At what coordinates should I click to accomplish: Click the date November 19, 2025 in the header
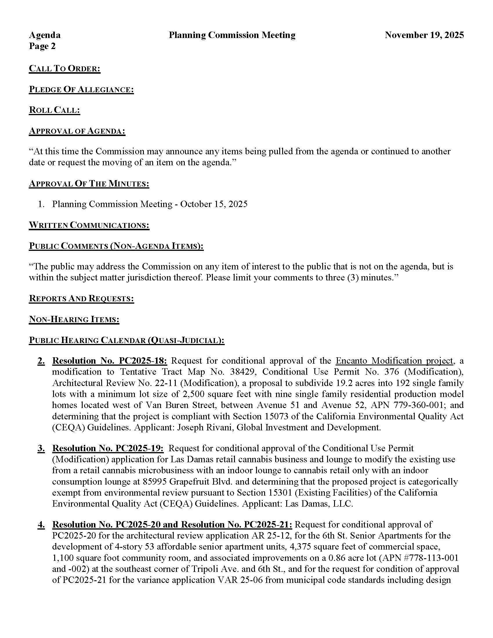424,35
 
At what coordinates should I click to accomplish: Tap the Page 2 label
42,46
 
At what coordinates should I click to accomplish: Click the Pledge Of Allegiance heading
81,89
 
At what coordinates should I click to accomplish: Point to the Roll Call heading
54,110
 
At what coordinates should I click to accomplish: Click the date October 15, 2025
214,204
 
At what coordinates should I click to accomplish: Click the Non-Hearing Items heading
74,319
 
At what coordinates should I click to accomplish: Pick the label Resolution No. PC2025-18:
110,361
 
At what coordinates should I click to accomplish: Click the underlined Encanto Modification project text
394,361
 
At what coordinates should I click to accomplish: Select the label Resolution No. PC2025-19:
108,448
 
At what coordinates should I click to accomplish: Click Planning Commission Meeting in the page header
232,35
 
